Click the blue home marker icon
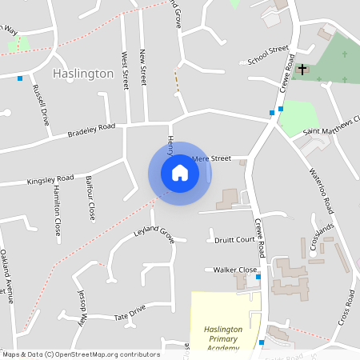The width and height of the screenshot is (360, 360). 180,173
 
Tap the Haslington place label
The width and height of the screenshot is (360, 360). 83,73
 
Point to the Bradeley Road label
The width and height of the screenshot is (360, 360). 91,130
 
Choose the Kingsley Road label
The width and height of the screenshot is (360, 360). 50,179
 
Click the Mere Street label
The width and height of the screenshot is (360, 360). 211,158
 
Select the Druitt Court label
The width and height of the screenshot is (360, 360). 234,239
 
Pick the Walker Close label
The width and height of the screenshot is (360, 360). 235,270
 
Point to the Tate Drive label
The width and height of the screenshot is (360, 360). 130,309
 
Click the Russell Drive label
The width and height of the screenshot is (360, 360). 39,102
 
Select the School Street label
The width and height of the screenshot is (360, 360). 268,55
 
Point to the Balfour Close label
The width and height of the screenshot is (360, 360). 90,198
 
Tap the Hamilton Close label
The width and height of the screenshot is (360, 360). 57,212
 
